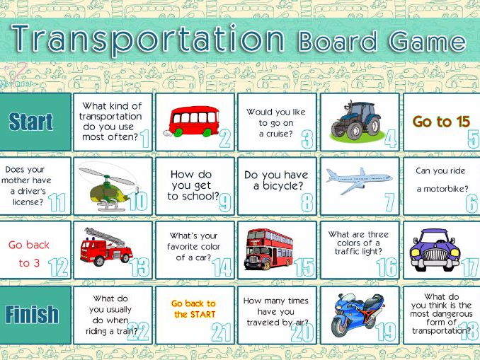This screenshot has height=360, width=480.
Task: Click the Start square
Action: [x=35, y=122]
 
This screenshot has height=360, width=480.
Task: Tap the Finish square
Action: [x=35, y=315]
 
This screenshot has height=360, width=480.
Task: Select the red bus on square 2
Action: [x=192, y=121]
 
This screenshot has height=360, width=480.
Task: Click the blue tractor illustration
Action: [x=356, y=122]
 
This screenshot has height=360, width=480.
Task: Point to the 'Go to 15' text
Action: [x=441, y=122]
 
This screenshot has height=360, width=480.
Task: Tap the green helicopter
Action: [x=108, y=187]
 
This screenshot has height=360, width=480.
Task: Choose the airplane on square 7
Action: [x=359, y=180]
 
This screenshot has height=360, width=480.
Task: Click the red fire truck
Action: [x=106, y=247]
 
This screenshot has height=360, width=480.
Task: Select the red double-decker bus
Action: [x=268, y=249]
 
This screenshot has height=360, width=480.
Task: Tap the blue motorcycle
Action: [x=358, y=315]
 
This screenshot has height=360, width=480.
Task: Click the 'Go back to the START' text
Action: [x=194, y=308]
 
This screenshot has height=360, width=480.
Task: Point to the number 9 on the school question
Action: [x=225, y=204]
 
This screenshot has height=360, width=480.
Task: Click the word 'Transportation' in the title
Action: [x=148, y=39]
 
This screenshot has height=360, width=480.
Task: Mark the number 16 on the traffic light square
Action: [x=387, y=267]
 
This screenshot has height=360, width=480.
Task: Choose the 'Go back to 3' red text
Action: [x=29, y=254]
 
